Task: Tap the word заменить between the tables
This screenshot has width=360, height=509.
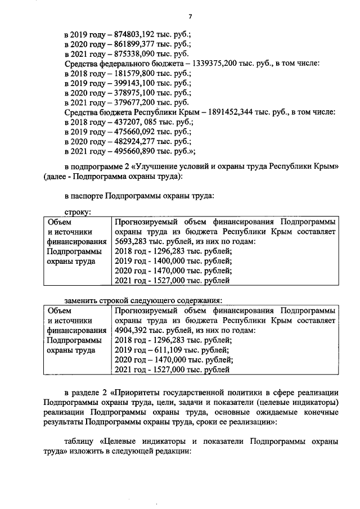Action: click(82, 299)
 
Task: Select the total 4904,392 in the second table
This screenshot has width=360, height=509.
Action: click(128, 330)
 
